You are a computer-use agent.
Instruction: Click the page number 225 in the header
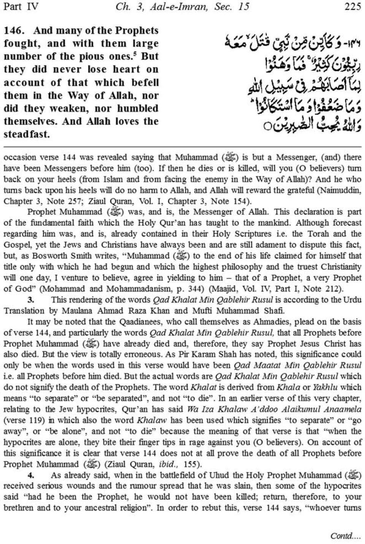point(352,7)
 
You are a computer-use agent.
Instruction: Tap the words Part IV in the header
point(21,7)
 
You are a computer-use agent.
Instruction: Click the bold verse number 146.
point(14,30)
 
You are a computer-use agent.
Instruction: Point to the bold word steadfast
point(27,134)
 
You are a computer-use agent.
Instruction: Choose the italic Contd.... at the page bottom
point(345,536)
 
